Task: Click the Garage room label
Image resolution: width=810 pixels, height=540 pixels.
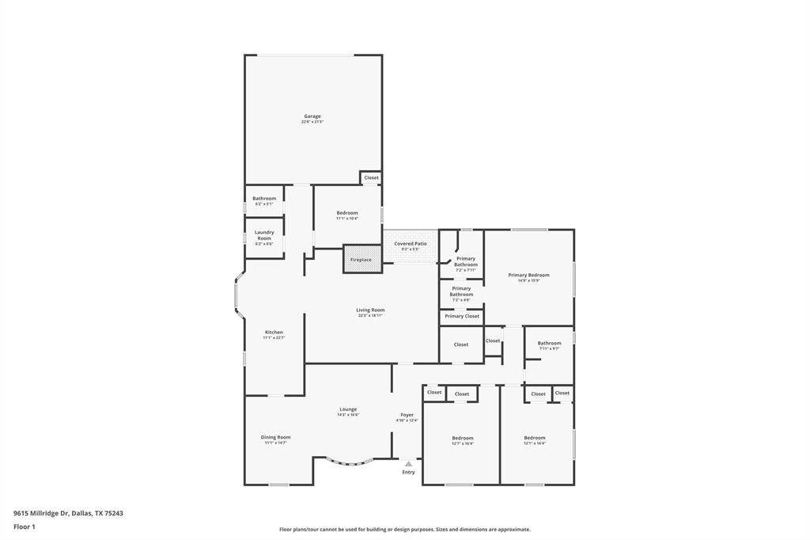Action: pos(312,116)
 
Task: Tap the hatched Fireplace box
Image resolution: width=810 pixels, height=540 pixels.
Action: pos(361,260)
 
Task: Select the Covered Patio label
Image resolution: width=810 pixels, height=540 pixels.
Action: pos(410,244)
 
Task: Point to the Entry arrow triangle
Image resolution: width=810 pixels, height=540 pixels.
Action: pos(408,464)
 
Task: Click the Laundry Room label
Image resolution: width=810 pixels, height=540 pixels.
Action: pos(264,235)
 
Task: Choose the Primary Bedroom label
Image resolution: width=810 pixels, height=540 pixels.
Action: pos(528,275)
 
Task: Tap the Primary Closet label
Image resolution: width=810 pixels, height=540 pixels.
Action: pos(462,316)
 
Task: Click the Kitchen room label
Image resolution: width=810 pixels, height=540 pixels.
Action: pos(274,332)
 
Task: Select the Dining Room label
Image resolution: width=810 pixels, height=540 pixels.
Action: pos(276,437)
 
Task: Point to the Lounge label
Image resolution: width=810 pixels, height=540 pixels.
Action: pos(348,409)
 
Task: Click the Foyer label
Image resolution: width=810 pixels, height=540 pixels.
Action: pos(407,415)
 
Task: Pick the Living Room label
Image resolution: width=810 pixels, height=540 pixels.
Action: pos(370,310)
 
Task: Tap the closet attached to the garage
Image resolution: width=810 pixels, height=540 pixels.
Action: pos(372,177)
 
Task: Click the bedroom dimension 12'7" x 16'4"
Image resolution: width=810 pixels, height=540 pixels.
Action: pos(463,443)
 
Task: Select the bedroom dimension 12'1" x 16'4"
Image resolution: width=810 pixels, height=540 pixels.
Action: pos(535,443)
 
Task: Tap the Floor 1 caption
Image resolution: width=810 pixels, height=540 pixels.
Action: pos(25,527)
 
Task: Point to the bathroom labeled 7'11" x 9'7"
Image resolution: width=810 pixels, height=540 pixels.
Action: pos(550,345)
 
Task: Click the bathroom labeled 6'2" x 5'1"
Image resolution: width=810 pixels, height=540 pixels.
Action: pos(264,200)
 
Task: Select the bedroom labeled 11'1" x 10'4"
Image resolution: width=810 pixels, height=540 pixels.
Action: pos(347,215)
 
